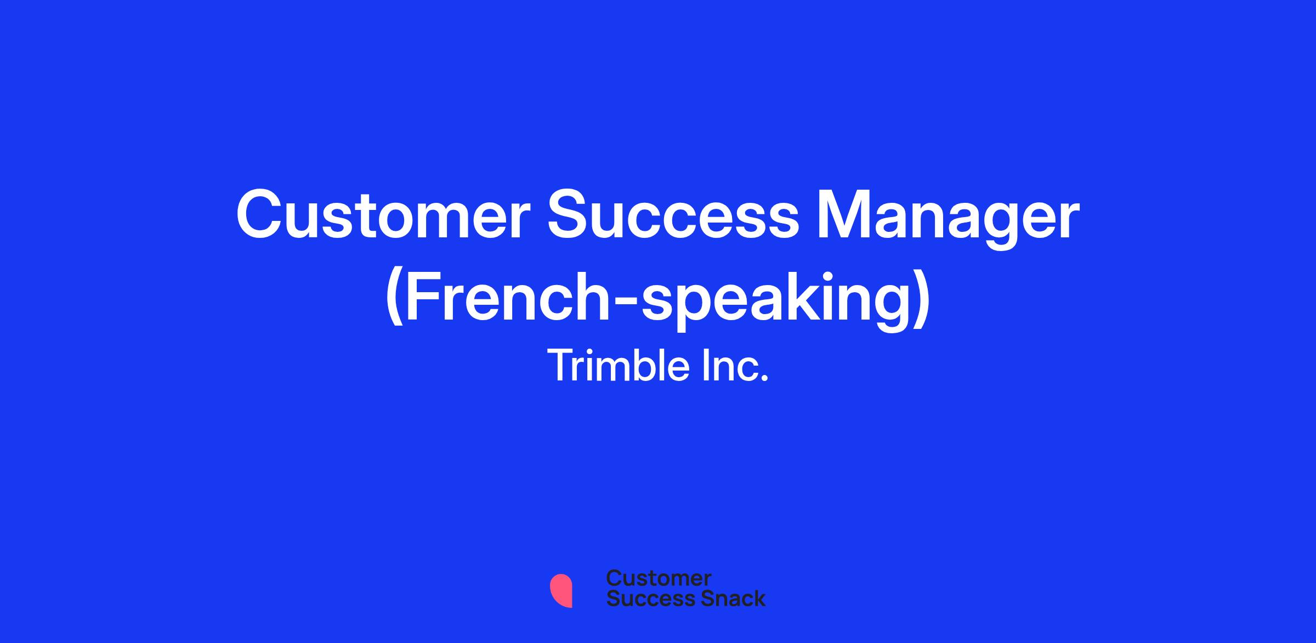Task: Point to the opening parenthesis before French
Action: tap(395, 299)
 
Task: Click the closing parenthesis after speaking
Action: tap(921, 299)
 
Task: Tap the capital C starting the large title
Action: tap(258, 216)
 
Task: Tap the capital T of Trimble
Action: tap(560, 366)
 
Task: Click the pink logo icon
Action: tap(561, 590)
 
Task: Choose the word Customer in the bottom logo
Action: tap(659, 578)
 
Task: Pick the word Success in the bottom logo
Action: tap(643, 598)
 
